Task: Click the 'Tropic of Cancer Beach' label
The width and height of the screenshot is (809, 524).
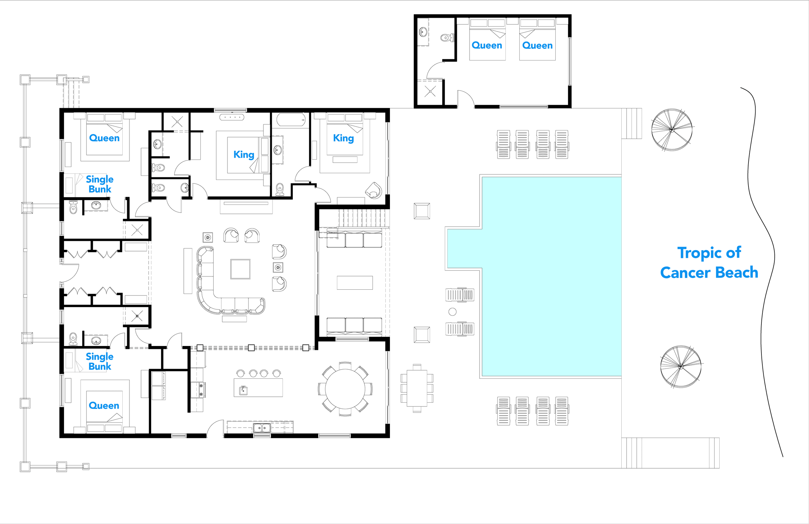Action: point(709,262)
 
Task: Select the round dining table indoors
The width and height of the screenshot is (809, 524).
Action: point(345,389)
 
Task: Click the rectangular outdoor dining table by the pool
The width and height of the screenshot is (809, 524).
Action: point(417,388)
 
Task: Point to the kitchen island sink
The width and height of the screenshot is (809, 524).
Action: point(243,390)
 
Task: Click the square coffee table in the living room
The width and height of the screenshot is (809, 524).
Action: point(240,269)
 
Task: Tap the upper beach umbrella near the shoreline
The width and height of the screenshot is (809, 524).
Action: point(671,129)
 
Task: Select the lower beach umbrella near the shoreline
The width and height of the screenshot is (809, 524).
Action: point(681,367)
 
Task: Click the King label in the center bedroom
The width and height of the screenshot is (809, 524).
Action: point(244,155)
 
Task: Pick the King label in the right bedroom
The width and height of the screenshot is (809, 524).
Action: point(343,138)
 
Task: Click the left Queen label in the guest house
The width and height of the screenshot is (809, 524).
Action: point(487,46)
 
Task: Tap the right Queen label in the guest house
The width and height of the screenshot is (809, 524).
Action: point(537,46)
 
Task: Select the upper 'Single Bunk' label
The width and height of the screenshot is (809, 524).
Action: point(100,184)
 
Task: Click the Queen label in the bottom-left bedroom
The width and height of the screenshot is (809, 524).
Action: point(104,406)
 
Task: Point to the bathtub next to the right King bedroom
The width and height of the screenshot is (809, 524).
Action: point(291,120)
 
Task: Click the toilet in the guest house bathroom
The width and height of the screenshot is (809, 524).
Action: point(447,38)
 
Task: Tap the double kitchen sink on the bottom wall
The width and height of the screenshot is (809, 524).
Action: point(262,428)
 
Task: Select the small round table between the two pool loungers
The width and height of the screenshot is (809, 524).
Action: point(452,311)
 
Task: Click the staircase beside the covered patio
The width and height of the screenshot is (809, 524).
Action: point(362,217)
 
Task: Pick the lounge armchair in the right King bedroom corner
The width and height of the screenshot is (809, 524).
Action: point(373,190)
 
